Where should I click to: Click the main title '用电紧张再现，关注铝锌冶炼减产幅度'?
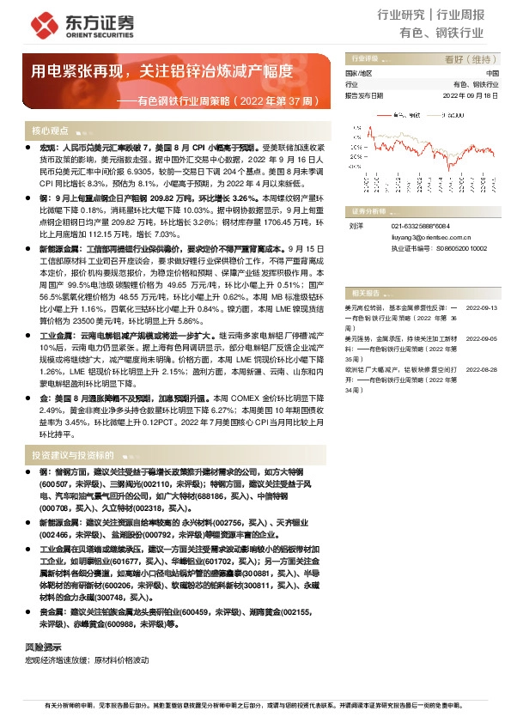click(162, 71)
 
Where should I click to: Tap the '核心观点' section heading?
click(50, 131)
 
